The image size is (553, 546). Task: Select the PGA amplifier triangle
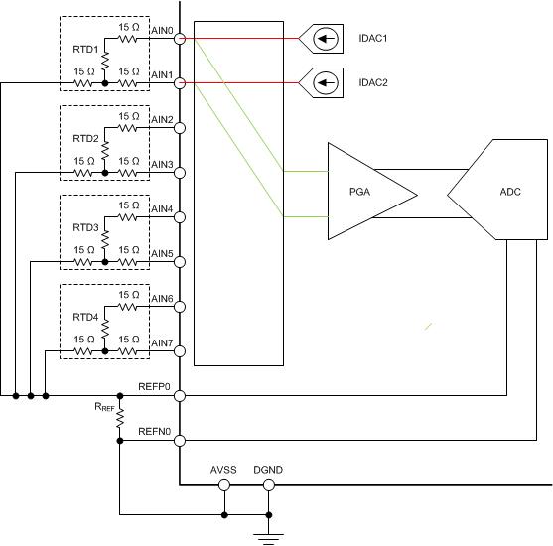[x=372, y=192]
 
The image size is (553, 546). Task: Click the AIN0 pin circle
[x=180, y=39]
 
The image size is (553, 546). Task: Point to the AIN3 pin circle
[x=180, y=173]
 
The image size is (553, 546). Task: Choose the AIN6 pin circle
[x=180, y=307]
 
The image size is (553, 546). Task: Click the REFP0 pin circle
[x=180, y=396]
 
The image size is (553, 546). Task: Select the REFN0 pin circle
[x=180, y=441]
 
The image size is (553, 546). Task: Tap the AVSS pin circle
[x=224, y=485]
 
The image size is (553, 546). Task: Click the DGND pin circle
[x=269, y=485]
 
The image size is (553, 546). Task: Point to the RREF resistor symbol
[x=120, y=418]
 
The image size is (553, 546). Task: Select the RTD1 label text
[x=85, y=50]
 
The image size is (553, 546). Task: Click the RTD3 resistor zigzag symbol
[x=105, y=240]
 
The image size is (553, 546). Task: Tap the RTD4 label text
[x=85, y=317]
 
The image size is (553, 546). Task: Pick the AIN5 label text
[x=162, y=253]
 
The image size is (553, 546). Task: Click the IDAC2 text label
[x=373, y=82]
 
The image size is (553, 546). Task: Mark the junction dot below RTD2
[x=105, y=173]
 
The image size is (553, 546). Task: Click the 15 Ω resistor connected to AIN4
[x=128, y=217]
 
